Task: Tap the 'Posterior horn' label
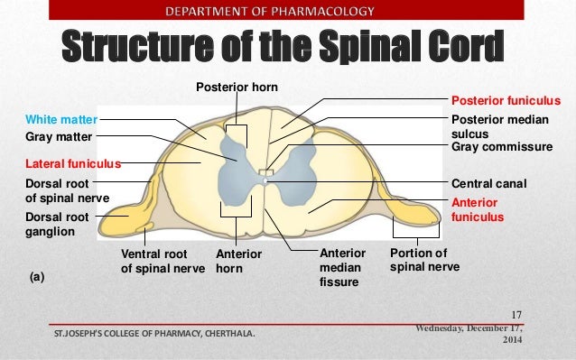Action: pos(237,87)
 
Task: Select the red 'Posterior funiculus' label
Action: pos(506,101)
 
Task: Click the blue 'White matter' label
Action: pos(60,118)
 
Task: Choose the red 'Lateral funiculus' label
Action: pos(72,165)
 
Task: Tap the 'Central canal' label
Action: pos(488,183)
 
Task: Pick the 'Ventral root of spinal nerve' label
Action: pos(163,261)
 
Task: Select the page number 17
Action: pos(516,314)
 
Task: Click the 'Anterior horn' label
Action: pos(237,261)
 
